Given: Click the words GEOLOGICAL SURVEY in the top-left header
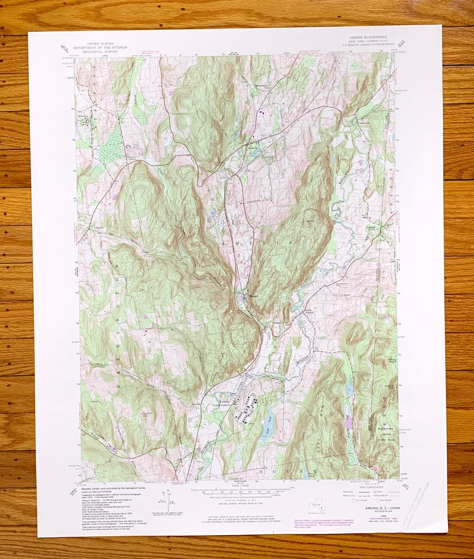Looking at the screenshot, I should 100,51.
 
